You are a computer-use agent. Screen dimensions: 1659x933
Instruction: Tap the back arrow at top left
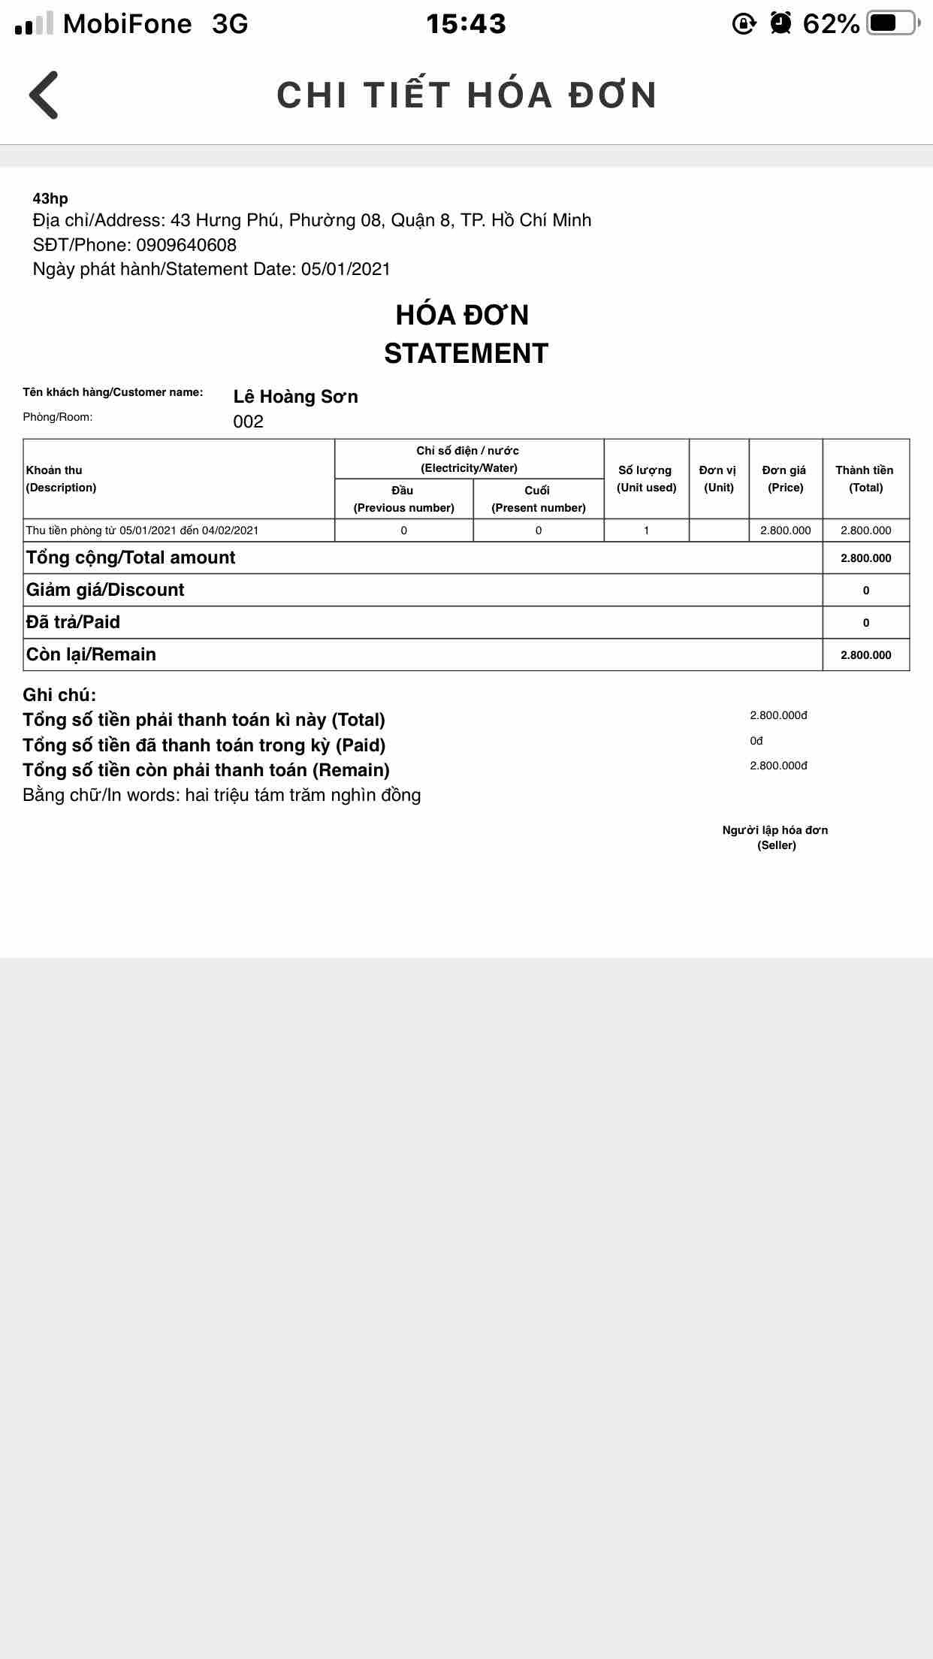(44, 95)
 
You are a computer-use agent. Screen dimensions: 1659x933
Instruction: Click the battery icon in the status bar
(892, 23)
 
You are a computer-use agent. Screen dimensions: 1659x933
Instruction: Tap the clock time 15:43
(466, 24)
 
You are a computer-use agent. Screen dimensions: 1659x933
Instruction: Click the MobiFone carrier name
(127, 24)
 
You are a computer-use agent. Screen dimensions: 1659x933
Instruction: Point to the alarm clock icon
(781, 23)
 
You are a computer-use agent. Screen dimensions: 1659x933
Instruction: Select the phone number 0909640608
(186, 245)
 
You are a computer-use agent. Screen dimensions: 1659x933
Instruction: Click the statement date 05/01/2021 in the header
(346, 269)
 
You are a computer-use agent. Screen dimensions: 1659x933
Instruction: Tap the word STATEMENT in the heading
(466, 353)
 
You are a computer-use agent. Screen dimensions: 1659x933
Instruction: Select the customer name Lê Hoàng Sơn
(295, 397)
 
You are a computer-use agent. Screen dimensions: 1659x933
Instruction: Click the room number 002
(248, 422)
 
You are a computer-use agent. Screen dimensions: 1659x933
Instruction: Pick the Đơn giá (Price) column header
(785, 479)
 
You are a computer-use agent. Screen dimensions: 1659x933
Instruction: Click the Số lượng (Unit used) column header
(646, 479)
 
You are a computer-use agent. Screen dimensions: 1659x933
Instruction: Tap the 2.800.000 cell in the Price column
(785, 530)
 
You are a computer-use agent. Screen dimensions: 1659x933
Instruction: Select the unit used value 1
(646, 530)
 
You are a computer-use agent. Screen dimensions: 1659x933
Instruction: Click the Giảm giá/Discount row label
(105, 590)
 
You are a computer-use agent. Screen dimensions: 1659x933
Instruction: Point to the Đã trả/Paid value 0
(865, 623)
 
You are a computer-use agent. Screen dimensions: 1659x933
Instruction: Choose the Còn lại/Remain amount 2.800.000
(865, 655)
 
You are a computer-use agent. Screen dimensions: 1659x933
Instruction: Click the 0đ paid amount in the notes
(756, 741)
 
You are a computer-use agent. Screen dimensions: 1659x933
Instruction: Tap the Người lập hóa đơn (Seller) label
(775, 837)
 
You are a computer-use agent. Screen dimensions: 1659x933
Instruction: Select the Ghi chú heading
(59, 694)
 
